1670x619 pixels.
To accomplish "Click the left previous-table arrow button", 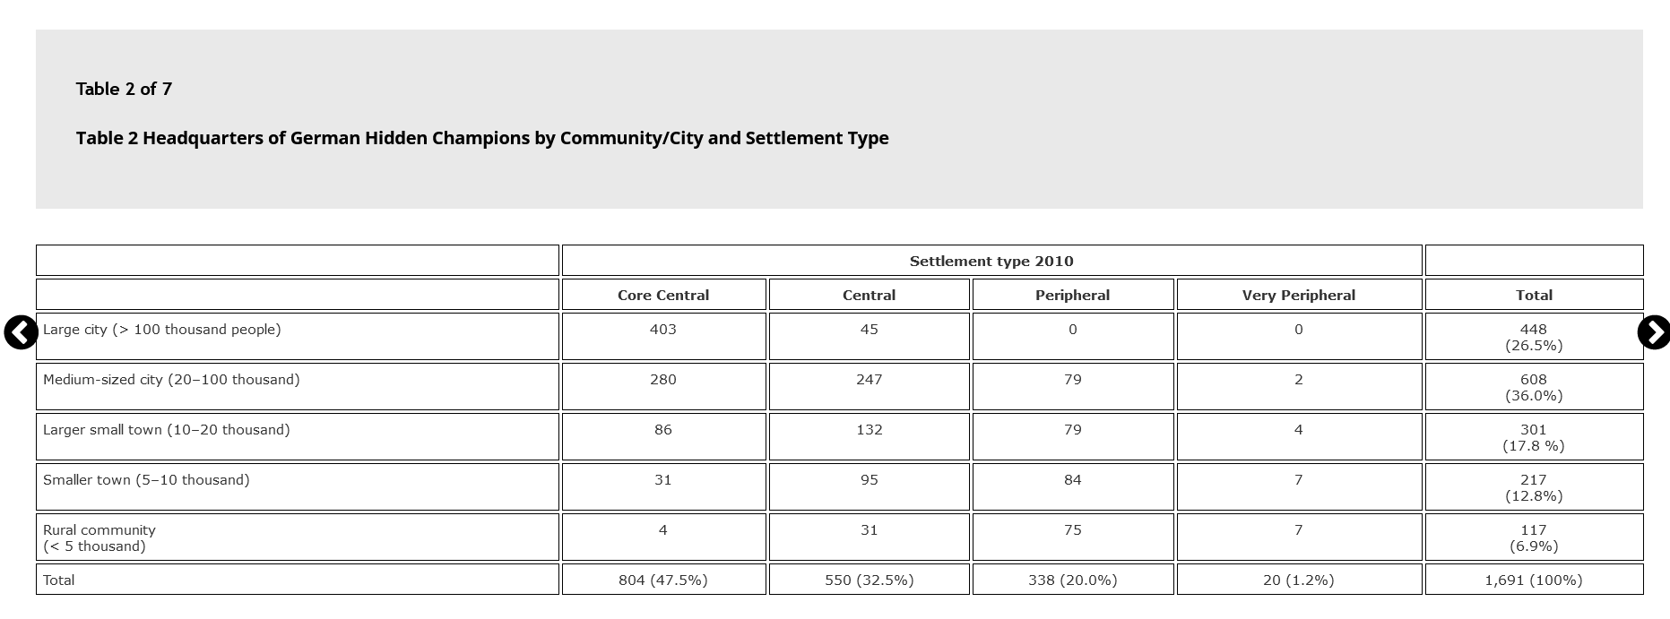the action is click(x=21, y=332).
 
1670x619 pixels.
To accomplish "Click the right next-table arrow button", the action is click(x=1654, y=332).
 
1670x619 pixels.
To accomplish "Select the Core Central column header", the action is click(x=663, y=295).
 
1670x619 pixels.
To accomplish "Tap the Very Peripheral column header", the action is click(x=1299, y=295).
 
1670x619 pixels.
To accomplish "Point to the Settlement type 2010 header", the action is click(x=991, y=261).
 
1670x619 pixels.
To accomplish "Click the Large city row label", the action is click(x=162, y=330).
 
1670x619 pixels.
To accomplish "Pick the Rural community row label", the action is click(x=100, y=538).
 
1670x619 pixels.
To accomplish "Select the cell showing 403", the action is click(x=663, y=330).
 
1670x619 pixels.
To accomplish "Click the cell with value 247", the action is click(x=870, y=380).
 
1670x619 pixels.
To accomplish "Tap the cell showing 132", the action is click(x=870, y=430).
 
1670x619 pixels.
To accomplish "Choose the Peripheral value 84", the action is click(x=1073, y=480).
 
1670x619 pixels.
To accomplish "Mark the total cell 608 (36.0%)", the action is click(x=1534, y=387).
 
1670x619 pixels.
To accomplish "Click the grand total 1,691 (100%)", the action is click(x=1534, y=580).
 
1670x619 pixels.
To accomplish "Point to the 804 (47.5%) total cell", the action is click(x=663, y=580).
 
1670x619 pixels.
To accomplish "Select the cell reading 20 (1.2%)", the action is click(x=1299, y=580).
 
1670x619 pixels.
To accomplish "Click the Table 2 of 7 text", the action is click(x=124, y=89).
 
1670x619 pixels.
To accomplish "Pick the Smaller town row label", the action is click(x=146, y=480).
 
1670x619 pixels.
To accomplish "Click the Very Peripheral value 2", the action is click(x=1299, y=380).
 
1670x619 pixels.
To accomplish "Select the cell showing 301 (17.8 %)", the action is click(x=1534, y=437).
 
